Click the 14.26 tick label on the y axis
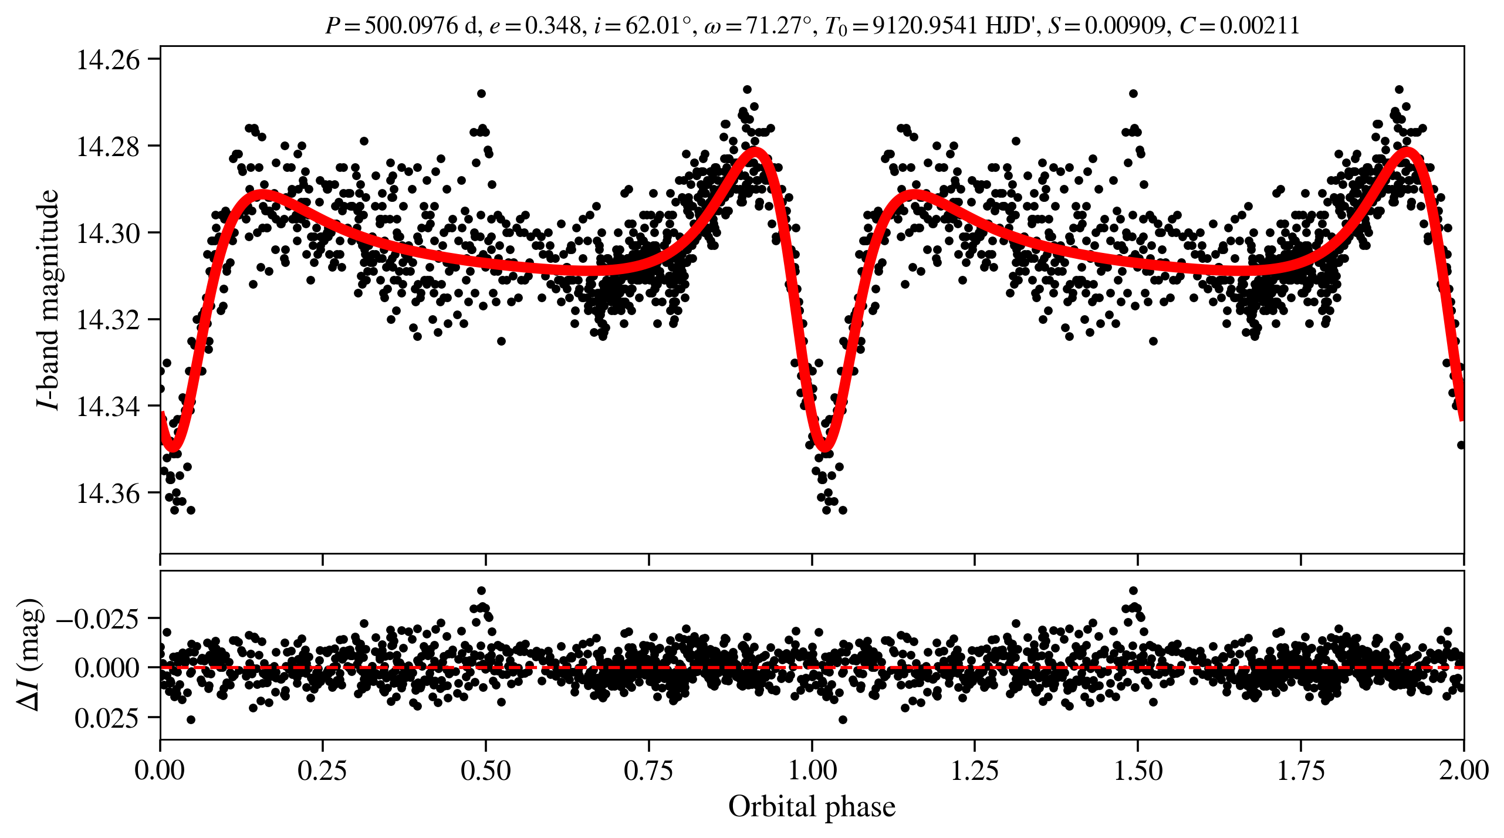tap(109, 60)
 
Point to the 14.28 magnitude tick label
tap(109, 146)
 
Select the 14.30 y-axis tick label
tap(109, 233)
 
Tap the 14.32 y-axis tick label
tap(109, 320)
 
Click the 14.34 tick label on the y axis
tap(109, 406)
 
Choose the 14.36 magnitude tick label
tap(109, 493)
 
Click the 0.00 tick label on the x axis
tap(160, 770)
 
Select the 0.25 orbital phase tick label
tap(322, 770)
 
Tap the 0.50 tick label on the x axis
tap(485, 770)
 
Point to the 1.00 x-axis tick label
tap(812, 770)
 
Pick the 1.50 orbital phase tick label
tap(1138, 770)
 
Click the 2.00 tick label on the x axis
tap(1464, 770)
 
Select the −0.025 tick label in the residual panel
tap(97, 619)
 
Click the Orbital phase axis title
tap(812, 807)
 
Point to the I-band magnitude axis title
tap(48, 299)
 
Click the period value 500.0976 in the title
tap(411, 26)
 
